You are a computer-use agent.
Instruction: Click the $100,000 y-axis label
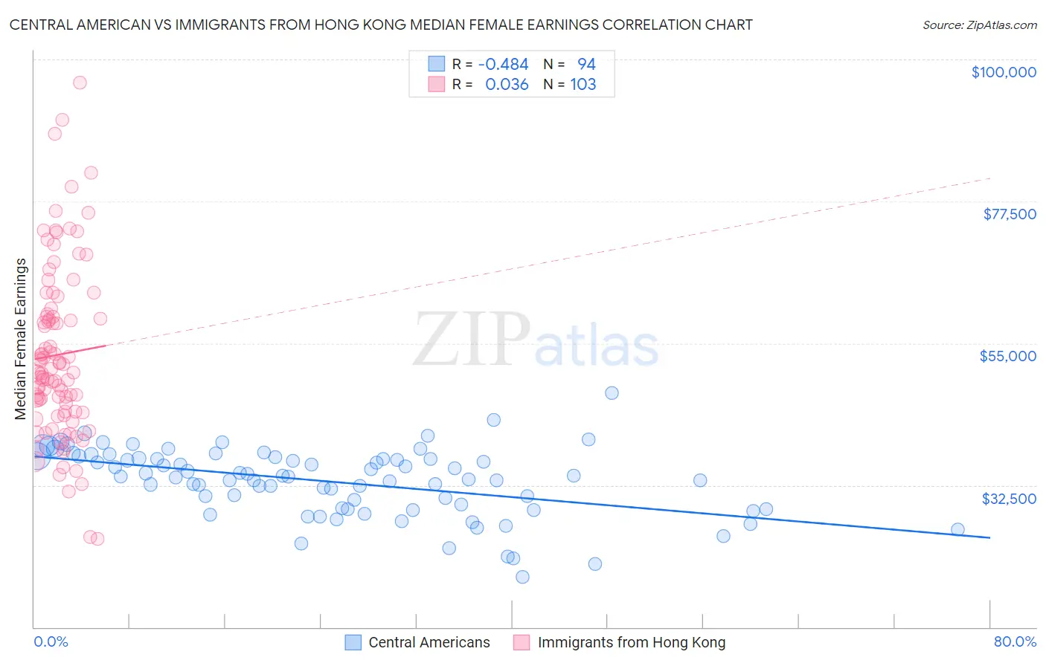[1003, 72]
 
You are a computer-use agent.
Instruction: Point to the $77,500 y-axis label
[1009, 214]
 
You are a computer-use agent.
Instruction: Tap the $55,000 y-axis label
[1007, 356]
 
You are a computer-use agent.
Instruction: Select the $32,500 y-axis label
[1008, 499]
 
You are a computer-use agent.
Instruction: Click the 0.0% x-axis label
[51, 641]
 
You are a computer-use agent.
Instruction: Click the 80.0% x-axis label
[1015, 641]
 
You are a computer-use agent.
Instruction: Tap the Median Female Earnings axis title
[21, 339]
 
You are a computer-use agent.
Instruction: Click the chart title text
[381, 25]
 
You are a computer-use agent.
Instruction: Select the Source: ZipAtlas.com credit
[979, 25]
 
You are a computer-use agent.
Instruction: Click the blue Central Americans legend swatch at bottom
[353, 642]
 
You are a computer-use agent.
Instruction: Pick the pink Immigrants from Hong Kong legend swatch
[522, 642]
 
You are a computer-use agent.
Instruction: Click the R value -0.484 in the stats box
[503, 64]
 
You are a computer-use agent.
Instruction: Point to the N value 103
[583, 84]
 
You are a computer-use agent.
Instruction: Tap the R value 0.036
[507, 84]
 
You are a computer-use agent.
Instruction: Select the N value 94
[586, 64]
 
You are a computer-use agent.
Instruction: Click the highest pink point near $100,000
[80, 83]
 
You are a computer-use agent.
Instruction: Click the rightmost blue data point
[957, 529]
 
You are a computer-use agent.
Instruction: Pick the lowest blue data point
[522, 577]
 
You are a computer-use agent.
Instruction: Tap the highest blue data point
[612, 392]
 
